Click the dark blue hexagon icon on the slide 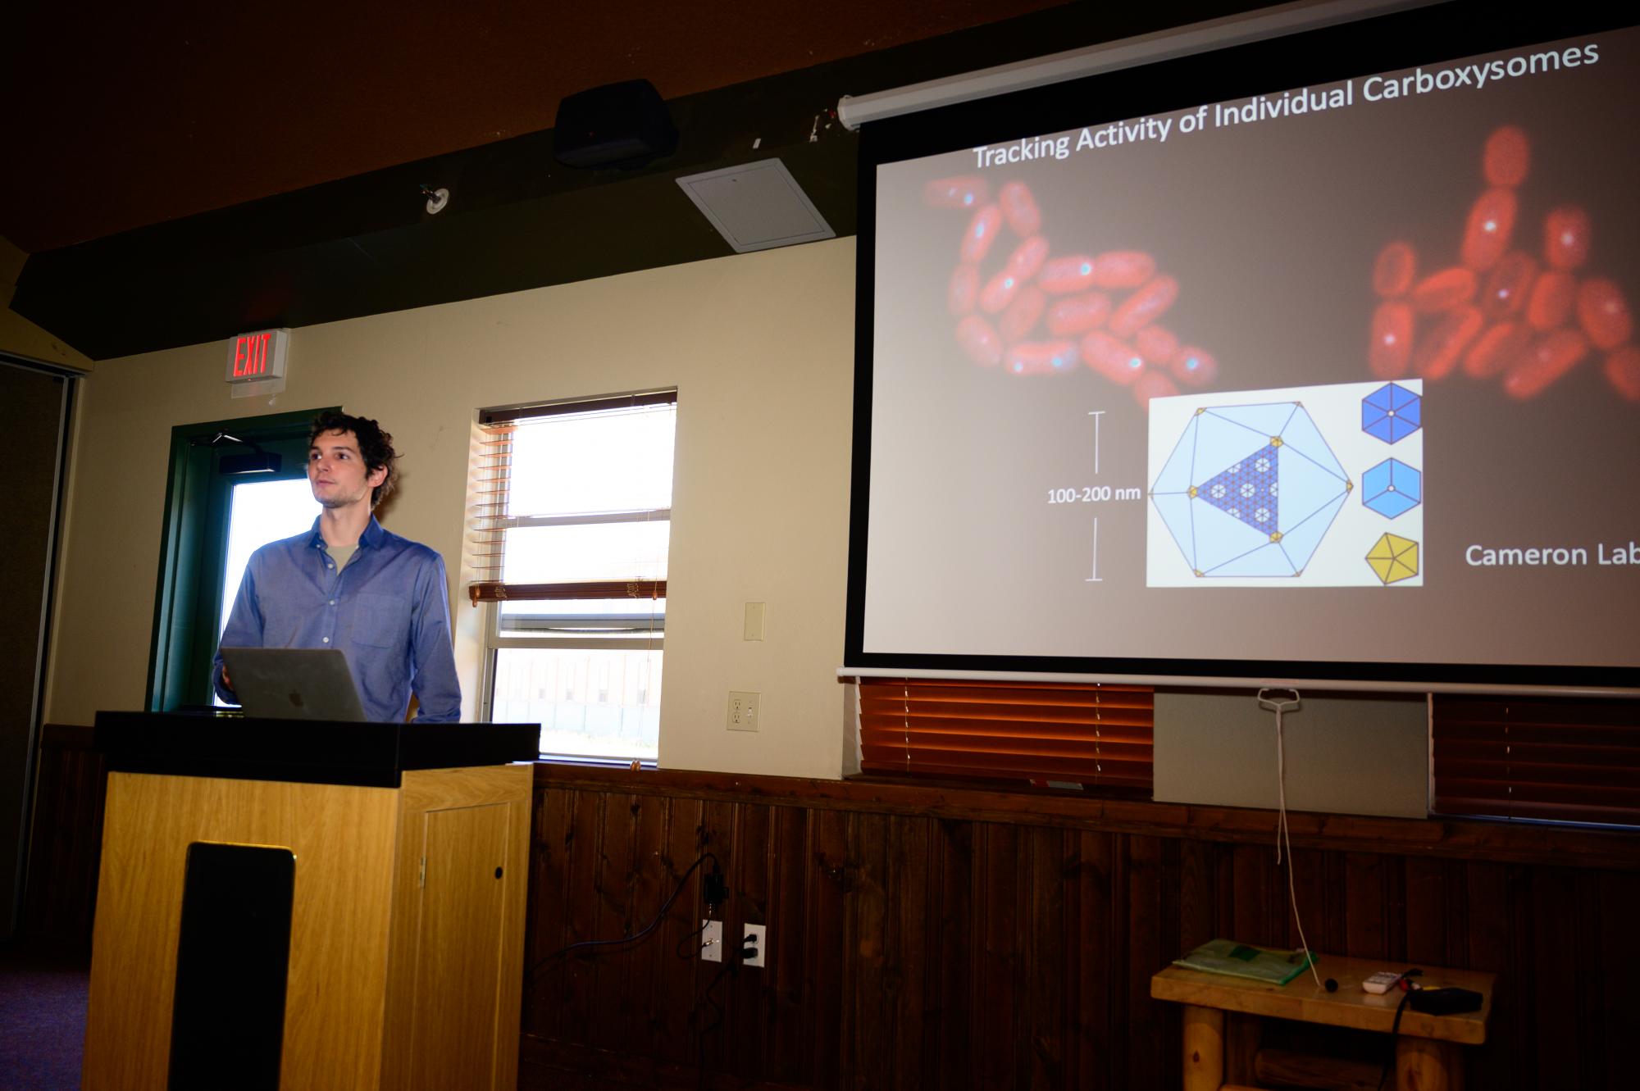pyautogui.click(x=1391, y=411)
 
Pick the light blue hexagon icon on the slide pyautogui.click(x=1391, y=487)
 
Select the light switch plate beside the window pyautogui.click(x=754, y=622)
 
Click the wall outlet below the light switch pyautogui.click(x=743, y=711)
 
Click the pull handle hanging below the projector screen pyautogui.click(x=1279, y=700)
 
